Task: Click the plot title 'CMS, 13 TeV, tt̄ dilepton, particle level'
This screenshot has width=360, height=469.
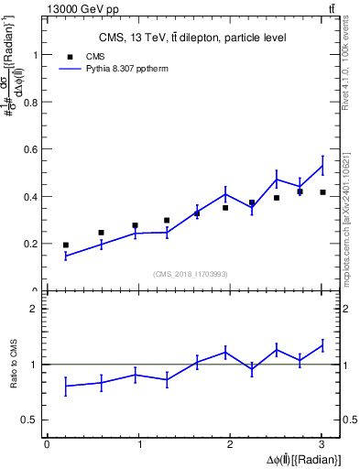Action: [x=192, y=38]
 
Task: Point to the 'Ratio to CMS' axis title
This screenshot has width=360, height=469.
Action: [x=13, y=365]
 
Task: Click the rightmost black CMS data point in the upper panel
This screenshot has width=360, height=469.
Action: [x=322, y=192]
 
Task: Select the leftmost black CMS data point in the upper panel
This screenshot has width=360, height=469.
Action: [x=65, y=245]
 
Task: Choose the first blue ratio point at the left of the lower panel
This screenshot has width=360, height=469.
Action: [x=65, y=386]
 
